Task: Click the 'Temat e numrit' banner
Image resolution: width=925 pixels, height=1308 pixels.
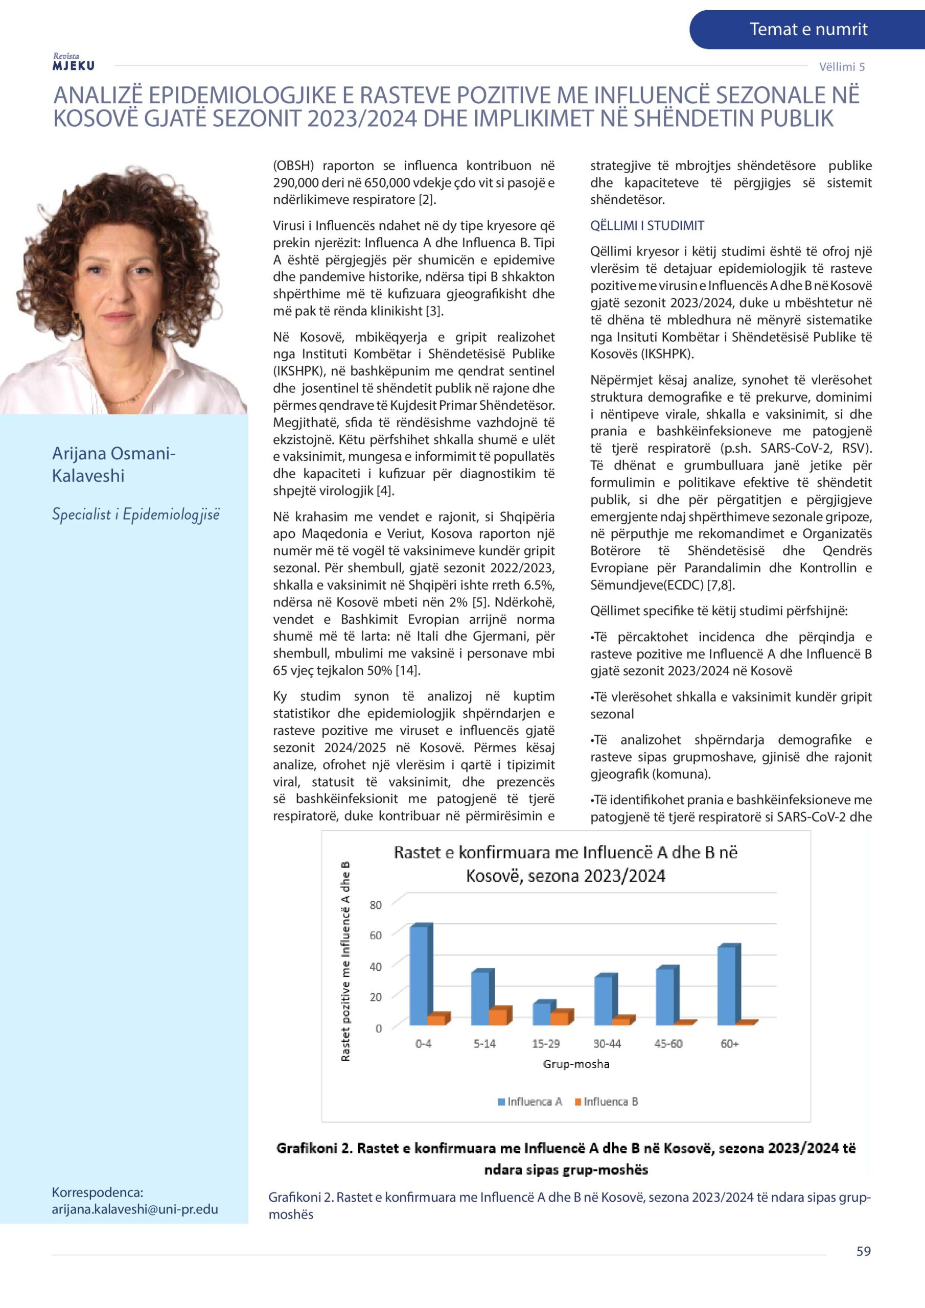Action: pos(807,30)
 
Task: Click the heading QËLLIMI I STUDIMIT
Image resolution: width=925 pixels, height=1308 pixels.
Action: pos(647,226)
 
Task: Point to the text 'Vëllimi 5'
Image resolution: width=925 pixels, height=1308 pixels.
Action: pos(841,66)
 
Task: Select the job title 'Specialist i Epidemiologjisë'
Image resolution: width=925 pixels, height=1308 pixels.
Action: pos(135,515)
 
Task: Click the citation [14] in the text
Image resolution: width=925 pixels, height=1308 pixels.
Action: pos(407,670)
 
